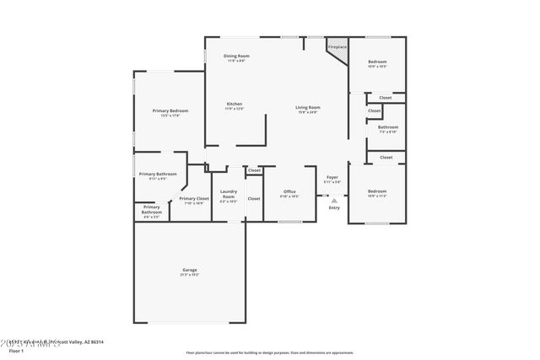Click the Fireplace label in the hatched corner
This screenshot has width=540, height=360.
click(x=336, y=47)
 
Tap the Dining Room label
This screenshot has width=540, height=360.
click(x=236, y=56)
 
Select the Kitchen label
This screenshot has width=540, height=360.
click(x=234, y=104)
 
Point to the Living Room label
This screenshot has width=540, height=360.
click(x=307, y=107)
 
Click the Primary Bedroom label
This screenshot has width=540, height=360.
click(x=170, y=110)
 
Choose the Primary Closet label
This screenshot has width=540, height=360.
click(x=194, y=198)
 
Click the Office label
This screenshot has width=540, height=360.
click(x=289, y=191)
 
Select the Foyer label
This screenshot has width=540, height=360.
click(x=332, y=177)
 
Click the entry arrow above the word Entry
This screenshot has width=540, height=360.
click(x=334, y=201)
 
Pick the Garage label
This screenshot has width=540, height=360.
click(x=189, y=270)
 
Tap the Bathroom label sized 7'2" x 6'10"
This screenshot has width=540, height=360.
click(x=387, y=126)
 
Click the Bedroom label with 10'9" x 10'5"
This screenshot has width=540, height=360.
click(x=376, y=62)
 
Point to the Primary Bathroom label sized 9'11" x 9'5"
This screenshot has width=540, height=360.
click(x=158, y=174)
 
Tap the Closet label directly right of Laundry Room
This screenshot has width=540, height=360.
click(x=254, y=198)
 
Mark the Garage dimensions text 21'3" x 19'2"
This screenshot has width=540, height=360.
click(x=189, y=275)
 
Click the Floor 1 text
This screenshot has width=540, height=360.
click(x=15, y=349)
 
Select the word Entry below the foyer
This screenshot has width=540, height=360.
click(x=334, y=207)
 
